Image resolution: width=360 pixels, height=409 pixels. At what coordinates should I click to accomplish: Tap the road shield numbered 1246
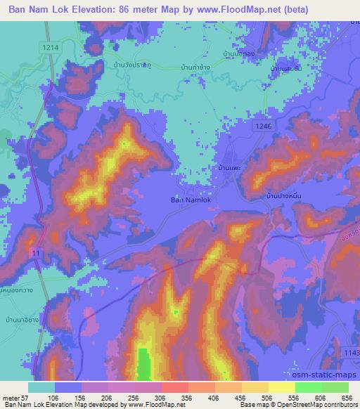[263, 124]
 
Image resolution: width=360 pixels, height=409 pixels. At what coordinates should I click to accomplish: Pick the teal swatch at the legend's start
[41, 387]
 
